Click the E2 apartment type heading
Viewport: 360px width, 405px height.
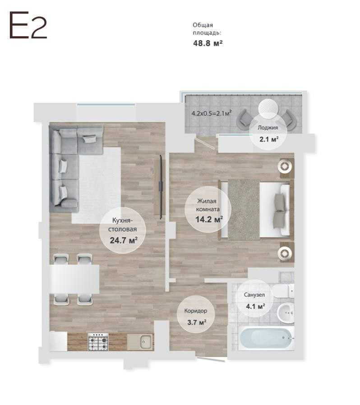28,25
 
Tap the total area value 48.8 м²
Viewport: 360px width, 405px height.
208,43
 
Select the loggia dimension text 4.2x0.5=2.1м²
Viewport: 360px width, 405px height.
211,113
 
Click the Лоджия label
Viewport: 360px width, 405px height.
268,128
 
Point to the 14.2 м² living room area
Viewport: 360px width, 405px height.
209,220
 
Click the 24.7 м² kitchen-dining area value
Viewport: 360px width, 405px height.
124,240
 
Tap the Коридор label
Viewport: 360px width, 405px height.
196,311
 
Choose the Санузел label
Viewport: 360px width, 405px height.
254,295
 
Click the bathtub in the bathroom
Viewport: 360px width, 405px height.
266,338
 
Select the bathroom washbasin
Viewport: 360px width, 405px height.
286,313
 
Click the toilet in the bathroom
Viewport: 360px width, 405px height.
283,291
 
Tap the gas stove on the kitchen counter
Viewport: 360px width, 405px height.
98,342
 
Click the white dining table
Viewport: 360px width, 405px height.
75,279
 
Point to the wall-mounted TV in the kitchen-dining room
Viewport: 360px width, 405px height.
161,187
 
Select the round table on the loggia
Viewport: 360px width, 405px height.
268,109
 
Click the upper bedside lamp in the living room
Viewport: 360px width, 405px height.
285,166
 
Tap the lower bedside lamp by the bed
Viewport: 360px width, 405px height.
285,253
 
